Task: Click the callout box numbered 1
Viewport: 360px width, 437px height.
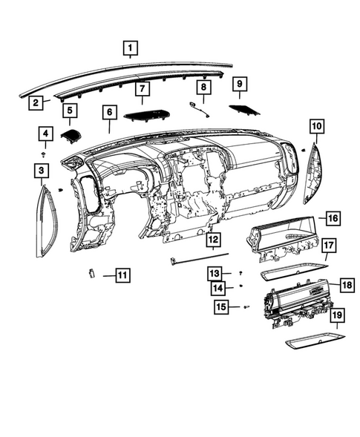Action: pos(130,50)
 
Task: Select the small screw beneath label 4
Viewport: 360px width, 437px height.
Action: pos(45,154)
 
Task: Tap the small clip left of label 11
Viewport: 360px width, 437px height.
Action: pos(91,273)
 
